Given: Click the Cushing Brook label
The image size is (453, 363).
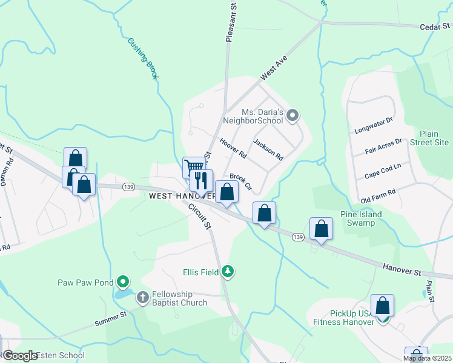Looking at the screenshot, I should click(143, 59).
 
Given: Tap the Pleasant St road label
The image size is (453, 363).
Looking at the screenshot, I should click(230, 22).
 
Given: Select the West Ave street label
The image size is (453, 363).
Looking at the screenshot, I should click(273, 68).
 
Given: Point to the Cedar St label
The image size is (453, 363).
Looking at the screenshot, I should click(435, 27).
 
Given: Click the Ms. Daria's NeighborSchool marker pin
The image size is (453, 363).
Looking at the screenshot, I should click(293, 115).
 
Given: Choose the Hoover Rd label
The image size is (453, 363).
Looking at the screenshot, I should click(233, 149).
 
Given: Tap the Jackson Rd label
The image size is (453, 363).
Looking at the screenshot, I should click(268, 149).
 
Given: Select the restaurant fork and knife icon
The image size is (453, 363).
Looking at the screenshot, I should click(201, 180).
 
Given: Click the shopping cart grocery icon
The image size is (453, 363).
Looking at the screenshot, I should click(193, 167).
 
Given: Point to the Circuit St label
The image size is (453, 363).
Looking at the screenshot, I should click(199, 215).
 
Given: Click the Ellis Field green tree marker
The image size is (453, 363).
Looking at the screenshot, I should click(228, 272).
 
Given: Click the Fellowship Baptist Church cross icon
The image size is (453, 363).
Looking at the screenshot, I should click(142, 297).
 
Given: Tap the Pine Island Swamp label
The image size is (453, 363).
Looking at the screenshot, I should click(362, 218).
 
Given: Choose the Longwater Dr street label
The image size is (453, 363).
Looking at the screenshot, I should click(372, 126).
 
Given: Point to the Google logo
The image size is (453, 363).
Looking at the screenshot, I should click(20, 356).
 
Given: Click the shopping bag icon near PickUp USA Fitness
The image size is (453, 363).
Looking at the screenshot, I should click(383, 306).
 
